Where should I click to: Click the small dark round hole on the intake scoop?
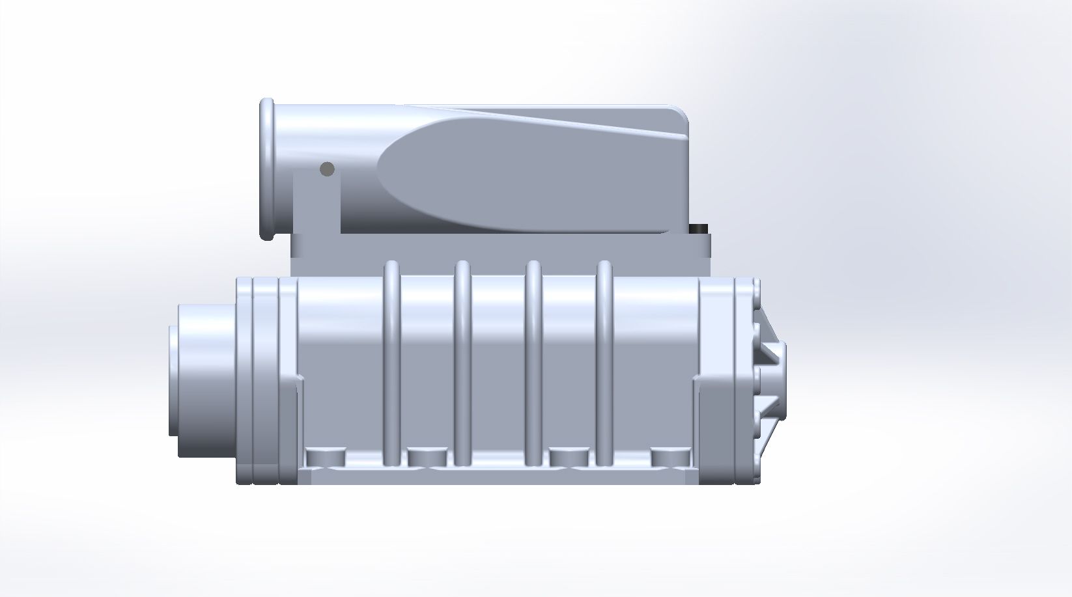click(x=327, y=169)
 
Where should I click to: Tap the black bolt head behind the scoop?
click(x=699, y=229)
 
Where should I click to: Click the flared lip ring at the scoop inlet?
click(x=267, y=169)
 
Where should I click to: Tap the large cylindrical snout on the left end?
click(x=202, y=381)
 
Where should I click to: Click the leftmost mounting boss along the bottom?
click(x=324, y=458)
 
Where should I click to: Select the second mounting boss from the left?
click(x=427, y=458)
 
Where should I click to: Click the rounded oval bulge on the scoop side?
click(x=521, y=176)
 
